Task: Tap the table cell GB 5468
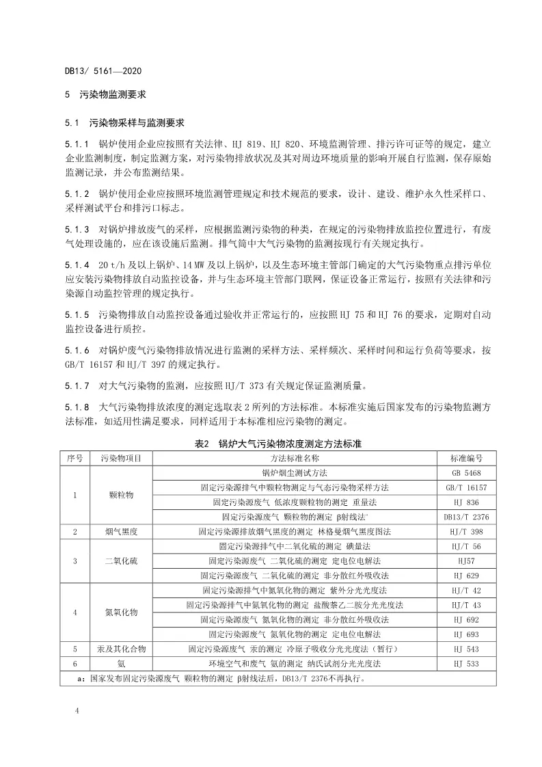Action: (x=467, y=472)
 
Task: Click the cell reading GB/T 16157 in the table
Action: (x=467, y=487)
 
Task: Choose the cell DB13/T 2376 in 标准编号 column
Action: (x=467, y=516)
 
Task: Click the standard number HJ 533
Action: (x=467, y=664)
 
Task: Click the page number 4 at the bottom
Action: (x=77, y=712)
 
